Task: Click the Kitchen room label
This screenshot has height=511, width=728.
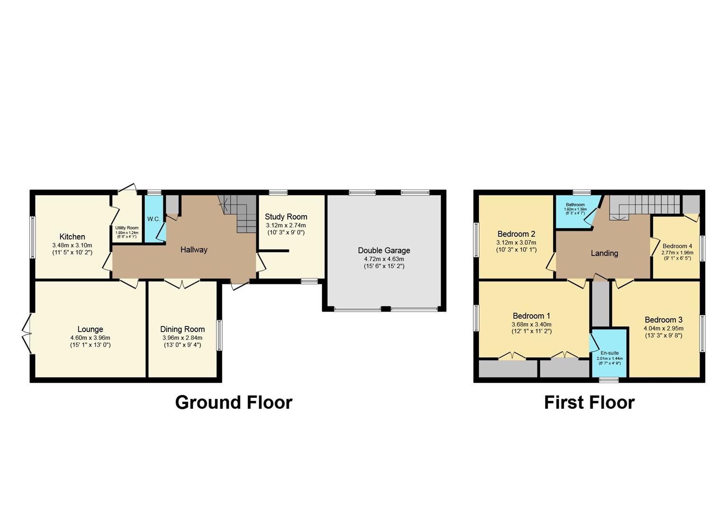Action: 72,237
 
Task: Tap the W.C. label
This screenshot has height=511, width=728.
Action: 153,219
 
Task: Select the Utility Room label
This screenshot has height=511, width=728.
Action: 127,228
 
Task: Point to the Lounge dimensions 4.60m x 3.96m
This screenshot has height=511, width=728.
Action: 90,338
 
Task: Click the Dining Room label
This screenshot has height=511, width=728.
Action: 182,329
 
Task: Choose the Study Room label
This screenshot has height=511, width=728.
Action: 286,217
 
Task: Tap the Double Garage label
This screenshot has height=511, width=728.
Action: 384,250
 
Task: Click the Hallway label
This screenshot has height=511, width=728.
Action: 194,249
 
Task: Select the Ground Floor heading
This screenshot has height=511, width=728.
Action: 234,402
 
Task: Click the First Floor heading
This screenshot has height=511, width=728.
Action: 589,402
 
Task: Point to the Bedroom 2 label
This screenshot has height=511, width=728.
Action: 516,234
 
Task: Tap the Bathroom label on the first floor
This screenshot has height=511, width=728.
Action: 575,205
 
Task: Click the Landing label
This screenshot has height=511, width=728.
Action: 604,253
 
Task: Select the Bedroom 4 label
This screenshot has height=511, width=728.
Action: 677,246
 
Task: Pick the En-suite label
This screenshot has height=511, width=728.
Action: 610,353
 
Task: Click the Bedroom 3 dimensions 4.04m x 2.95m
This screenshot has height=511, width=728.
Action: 663,328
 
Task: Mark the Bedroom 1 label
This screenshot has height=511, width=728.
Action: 531,316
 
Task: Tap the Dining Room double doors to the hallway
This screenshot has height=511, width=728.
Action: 182,284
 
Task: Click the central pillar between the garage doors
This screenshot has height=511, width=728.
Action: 386,309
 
